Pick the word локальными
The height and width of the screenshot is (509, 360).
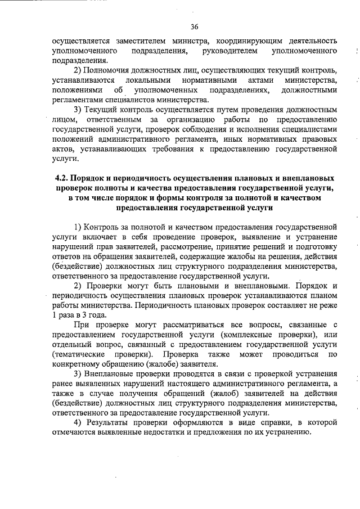coord(147,80)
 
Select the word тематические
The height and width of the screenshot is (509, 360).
coord(78,355)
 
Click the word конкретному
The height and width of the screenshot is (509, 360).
coord(74,365)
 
